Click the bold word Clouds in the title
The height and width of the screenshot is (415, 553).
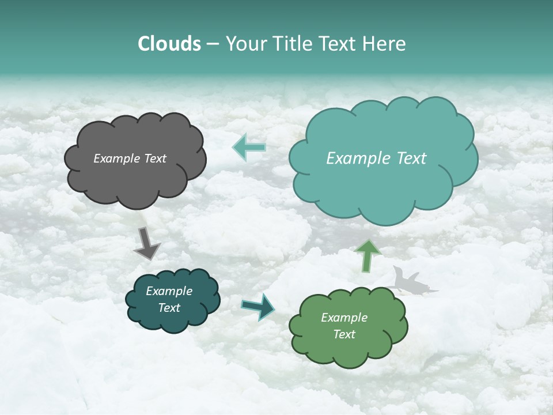point(169,44)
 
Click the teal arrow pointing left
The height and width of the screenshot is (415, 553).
point(249,148)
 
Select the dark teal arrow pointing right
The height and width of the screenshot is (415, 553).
point(259,307)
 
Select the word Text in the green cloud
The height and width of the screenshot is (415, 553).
point(344,334)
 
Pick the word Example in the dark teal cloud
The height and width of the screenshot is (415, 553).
point(169,291)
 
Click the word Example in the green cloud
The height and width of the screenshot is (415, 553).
point(344,318)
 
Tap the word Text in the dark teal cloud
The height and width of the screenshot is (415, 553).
point(169,308)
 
